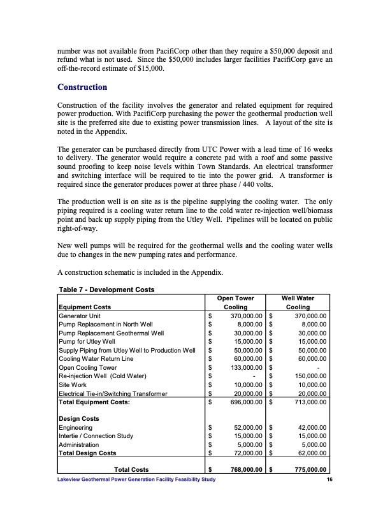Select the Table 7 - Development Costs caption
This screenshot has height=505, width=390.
107,290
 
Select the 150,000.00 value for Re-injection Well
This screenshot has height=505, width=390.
308,376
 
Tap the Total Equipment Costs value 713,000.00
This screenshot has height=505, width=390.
308,403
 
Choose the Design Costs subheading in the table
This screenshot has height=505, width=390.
79,419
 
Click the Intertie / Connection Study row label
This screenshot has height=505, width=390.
95,436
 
